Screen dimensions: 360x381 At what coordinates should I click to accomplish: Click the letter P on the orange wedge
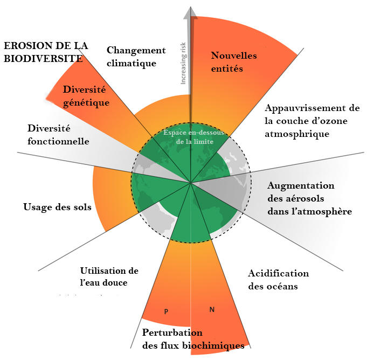coord(167,311)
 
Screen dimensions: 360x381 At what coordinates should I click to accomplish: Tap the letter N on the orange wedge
coord(212,309)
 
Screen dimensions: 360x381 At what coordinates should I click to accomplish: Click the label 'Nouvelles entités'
coord(234,62)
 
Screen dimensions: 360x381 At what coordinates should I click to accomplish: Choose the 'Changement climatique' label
coord(136,57)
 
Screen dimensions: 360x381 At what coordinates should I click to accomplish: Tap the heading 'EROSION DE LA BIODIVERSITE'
coord(45,52)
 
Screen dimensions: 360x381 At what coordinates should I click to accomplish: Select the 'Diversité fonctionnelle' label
coord(58,135)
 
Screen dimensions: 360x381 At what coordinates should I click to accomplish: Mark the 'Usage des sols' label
coord(58,207)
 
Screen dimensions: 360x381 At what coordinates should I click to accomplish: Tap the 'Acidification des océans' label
coord(278,280)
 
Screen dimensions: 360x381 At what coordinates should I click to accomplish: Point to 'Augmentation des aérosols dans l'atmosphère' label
coord(309,198)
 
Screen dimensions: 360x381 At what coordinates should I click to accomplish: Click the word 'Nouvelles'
coord(234,56)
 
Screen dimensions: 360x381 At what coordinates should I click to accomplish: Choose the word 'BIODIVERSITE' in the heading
coord(43,58)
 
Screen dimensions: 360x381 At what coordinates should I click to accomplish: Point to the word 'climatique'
coord(131,63)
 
